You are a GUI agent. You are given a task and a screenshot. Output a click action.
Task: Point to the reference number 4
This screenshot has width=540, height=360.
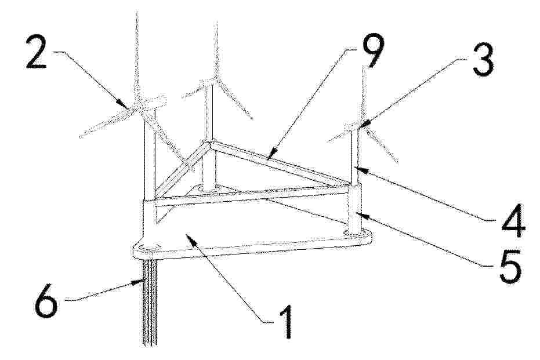513,220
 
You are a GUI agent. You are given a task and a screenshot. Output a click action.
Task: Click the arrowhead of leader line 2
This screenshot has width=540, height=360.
122,103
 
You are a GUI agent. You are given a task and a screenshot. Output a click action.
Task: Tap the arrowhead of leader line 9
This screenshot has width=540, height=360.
273,154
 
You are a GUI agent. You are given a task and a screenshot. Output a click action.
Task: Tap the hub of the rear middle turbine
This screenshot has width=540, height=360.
215,80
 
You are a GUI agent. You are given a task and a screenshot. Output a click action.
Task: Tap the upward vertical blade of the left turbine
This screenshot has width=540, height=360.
137,55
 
